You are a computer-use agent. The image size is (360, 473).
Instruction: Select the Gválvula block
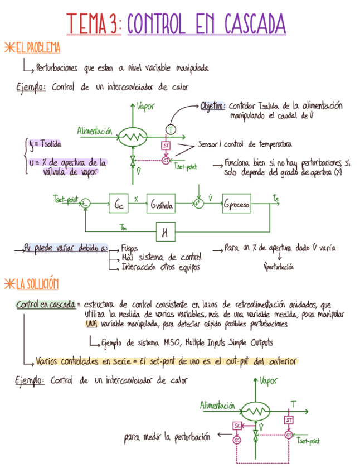tap(162, 205)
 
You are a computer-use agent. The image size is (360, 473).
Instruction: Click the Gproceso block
tap(236, 205)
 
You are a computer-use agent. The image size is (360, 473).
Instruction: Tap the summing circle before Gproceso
tap(199, 205)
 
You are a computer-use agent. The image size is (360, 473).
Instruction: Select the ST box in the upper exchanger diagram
tap(166, 146)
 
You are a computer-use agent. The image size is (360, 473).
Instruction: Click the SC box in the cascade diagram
tap(237, 426)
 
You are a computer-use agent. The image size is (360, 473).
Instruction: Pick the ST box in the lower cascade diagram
tap(289, 419)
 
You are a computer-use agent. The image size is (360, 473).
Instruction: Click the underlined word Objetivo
tap(213, 105)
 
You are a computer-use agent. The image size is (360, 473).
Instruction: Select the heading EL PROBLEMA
tap(37, 48)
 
